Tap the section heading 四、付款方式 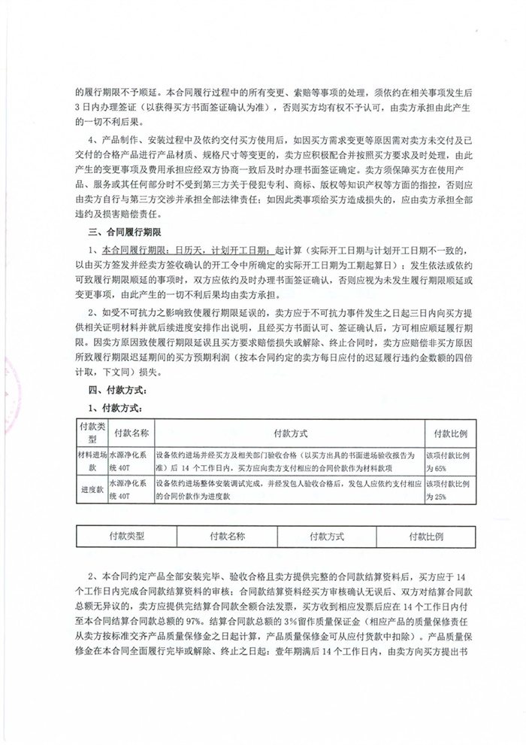(120, 390)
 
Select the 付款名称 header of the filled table (131, 434)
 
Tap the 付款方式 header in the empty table (327, 537)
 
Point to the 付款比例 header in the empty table (426, 537)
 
